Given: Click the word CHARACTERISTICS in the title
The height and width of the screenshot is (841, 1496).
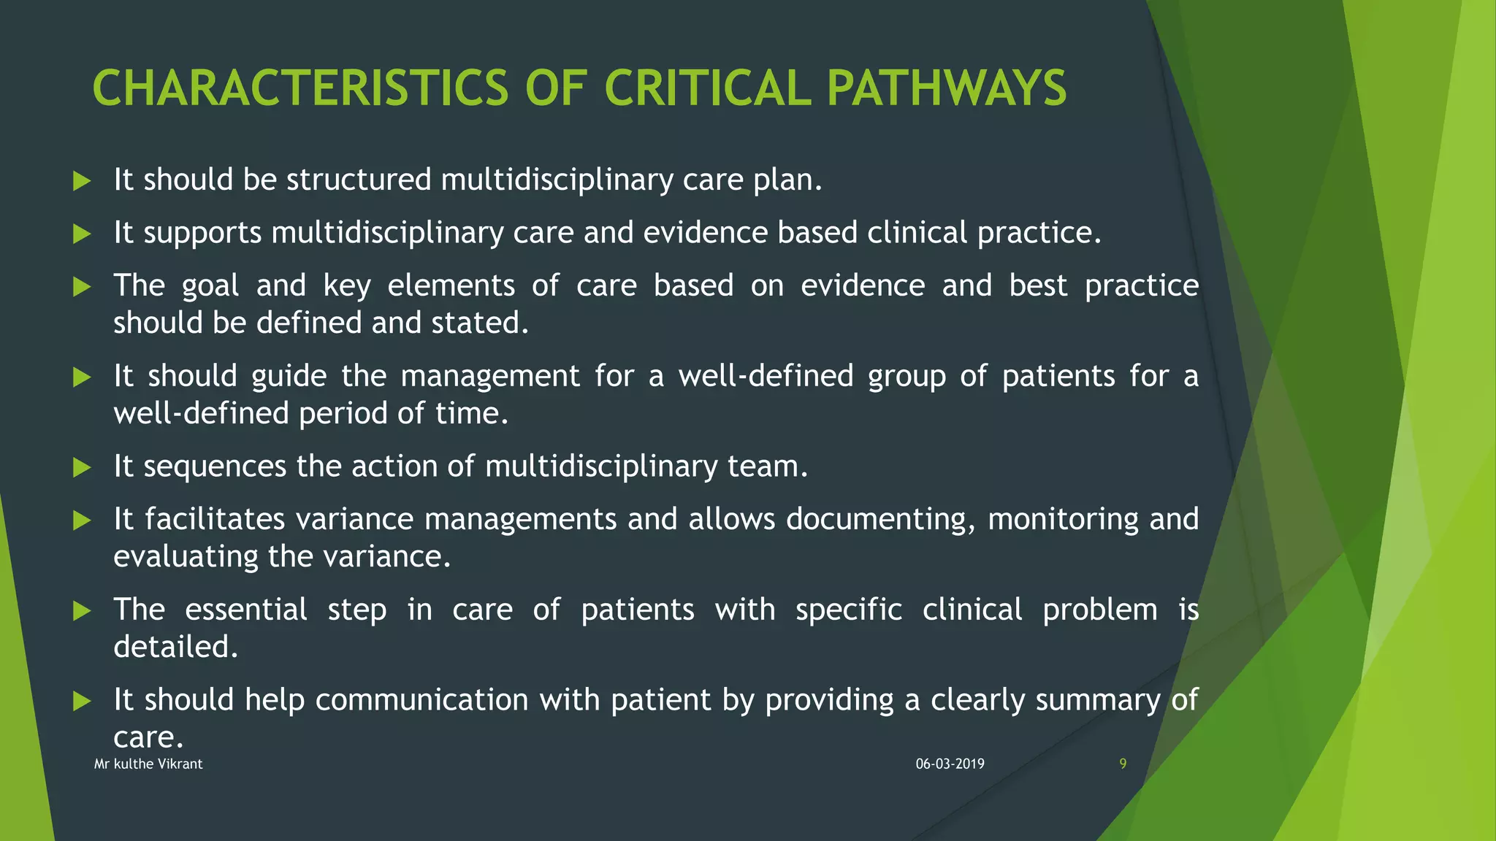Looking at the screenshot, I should coord(300,88).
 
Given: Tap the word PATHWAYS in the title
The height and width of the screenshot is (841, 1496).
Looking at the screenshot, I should coord(946,88).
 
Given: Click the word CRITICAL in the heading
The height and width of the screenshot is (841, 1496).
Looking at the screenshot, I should coord(707,88).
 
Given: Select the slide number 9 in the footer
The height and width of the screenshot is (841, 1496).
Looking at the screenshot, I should coord(1123,764).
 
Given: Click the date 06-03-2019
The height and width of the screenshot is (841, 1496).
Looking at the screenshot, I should coord(950,764).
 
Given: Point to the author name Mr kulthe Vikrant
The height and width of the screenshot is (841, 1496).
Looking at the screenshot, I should coord(148,764).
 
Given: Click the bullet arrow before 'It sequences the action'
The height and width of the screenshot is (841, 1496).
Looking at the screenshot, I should coord(82,468).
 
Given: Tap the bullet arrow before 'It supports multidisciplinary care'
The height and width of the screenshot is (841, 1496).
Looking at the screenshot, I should coord(82,234).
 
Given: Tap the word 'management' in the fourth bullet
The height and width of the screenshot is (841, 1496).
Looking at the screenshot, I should coord(490,377).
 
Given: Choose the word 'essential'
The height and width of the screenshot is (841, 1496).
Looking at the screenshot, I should coord(246,610).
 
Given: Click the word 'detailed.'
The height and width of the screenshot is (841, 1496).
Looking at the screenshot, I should coord(176,647).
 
